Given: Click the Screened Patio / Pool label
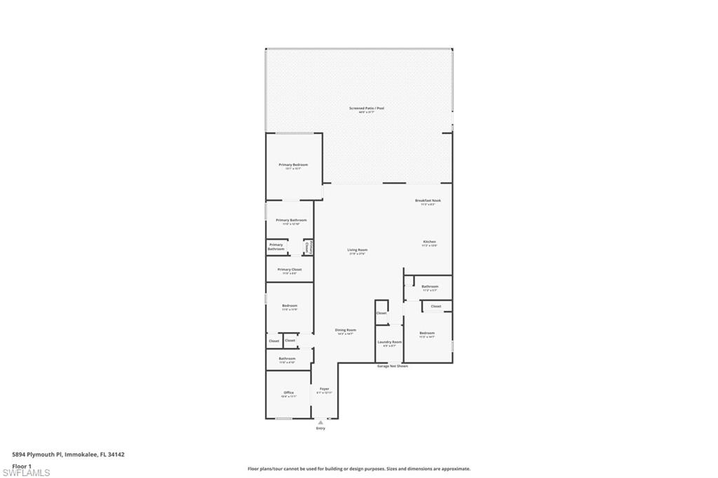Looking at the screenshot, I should click(367, 108).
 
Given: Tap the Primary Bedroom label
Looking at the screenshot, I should click(293, 165).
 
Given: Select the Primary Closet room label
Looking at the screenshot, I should click(289, 269).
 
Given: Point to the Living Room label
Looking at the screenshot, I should click(358, 250).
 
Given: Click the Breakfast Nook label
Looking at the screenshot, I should click(428, 200).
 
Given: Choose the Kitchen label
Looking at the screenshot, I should click(429, 242).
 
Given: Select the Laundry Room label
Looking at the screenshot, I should click(389, 342).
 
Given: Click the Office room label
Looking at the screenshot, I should click(289, 392).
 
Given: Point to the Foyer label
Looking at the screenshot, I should click(324, 388).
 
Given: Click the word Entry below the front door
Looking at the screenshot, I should click(320, 428).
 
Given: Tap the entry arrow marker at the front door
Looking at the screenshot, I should click(320, 422).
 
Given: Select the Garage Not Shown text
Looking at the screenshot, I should click(392, 366).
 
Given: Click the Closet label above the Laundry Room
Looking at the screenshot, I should click(381, 313).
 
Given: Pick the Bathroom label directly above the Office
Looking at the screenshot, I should click(287, 358).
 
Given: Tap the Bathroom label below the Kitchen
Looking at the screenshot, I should click(430, 286).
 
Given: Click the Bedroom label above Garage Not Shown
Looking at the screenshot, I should click(427, 333).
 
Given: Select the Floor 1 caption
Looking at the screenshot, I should click(22, 465).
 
